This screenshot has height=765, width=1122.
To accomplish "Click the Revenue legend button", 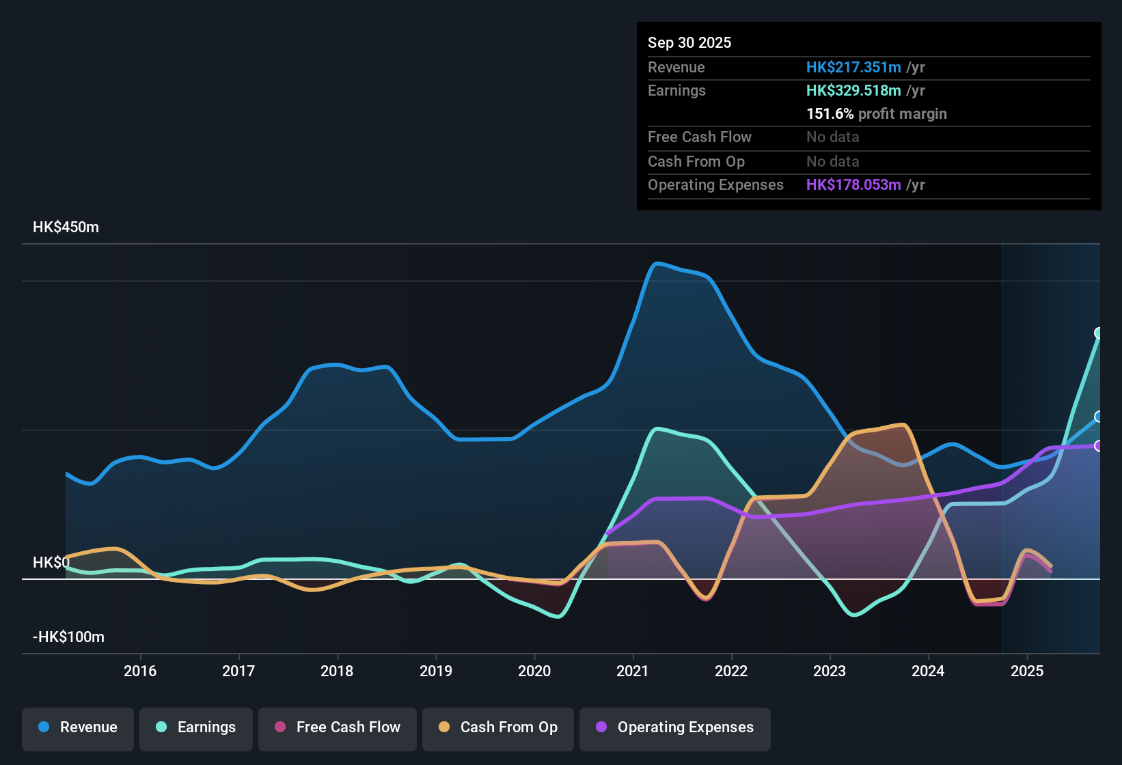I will coord(78,727).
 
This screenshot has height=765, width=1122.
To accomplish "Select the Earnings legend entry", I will coord(196,727).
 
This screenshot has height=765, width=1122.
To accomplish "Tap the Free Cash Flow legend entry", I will coord(338,727).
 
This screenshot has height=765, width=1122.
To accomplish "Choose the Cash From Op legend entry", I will coord(498,727).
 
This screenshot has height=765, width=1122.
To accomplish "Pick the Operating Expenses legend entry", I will coord(675,727).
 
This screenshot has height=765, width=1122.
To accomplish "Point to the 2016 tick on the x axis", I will coord(140,671).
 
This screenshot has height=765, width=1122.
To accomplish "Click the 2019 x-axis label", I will coord(436,671).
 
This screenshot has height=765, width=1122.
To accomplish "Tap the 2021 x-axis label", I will coord(633,671).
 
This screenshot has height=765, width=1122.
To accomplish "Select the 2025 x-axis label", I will coord(1027,671).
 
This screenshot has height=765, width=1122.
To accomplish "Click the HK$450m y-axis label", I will coord(66,227).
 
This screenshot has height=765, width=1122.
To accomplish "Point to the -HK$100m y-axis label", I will coord(68,637).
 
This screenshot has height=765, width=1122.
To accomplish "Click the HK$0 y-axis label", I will coord(51,563).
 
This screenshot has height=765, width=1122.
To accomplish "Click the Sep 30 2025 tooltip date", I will coord(689,43).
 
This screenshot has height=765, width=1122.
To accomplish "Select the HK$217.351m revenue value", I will coord(853,68).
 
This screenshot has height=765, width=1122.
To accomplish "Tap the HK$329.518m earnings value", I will coord(853,91).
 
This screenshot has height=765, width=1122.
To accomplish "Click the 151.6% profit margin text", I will coord(877,114).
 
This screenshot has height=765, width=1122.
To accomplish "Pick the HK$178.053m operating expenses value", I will coord(853,185).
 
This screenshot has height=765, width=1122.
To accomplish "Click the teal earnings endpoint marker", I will coord(1099,333).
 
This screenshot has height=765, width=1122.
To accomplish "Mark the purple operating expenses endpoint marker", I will coord(1099,446).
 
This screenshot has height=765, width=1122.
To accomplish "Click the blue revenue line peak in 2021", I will coord(657,264).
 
